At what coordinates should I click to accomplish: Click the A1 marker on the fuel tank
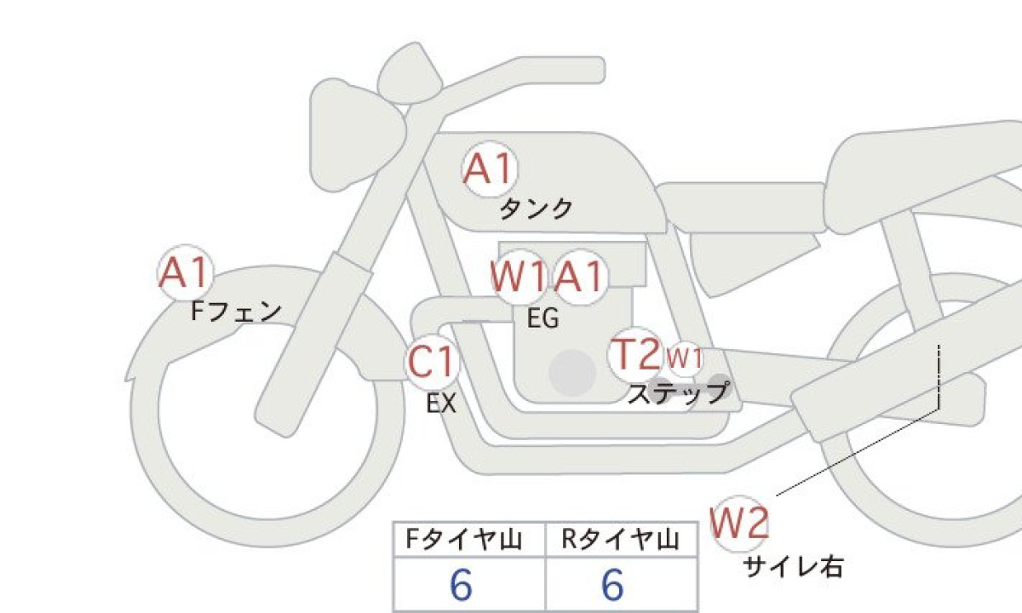(490, 169)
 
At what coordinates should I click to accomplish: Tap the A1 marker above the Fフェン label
(186, 272)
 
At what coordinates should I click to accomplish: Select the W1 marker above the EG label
(519, 277)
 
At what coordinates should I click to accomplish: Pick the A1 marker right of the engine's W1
(580, 277)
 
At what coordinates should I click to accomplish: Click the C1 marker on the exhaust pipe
(432, 361)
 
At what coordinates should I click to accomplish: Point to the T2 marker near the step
(635, 354)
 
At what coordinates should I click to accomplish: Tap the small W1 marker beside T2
(684, 359)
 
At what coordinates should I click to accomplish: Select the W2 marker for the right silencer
(739, 523)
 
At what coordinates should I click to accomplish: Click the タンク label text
(536, 209)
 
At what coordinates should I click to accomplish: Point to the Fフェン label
(236, 312)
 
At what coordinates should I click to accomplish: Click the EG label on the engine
(543, 318)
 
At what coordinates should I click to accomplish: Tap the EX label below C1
(441, 404)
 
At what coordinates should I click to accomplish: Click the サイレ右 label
(793, 568)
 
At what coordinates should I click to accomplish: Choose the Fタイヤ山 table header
(464, 540)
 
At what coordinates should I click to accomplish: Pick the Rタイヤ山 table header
(621, 540)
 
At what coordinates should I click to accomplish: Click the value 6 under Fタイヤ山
(461, 585)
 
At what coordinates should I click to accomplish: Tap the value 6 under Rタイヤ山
(612, 585)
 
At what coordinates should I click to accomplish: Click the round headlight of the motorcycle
(358, 134)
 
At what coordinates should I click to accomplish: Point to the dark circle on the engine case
(572, 373)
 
